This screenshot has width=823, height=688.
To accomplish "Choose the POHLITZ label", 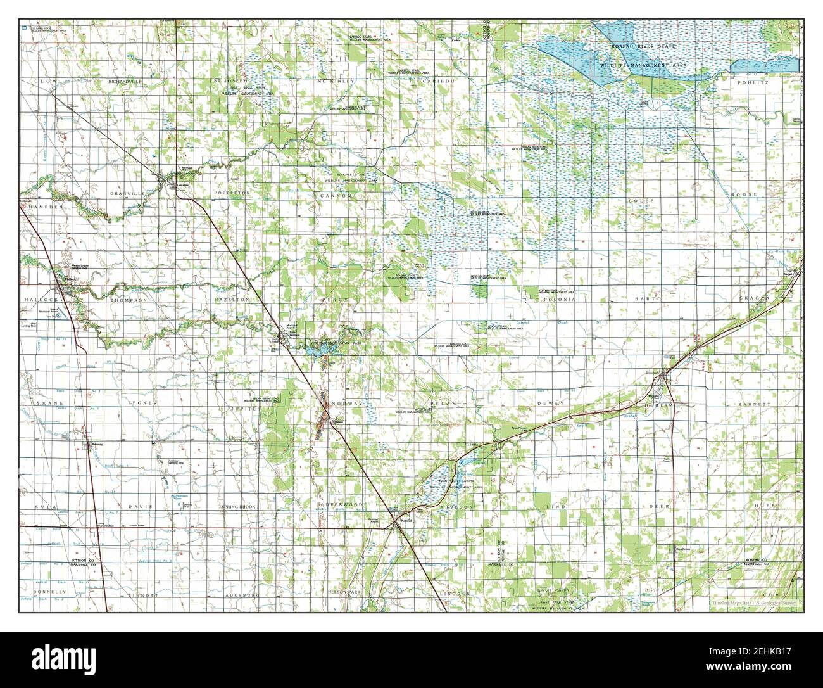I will (x=752, y=82).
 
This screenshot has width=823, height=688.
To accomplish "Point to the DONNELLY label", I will (x=51, y=592).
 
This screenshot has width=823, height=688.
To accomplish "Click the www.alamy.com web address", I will (x=771, y=673).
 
